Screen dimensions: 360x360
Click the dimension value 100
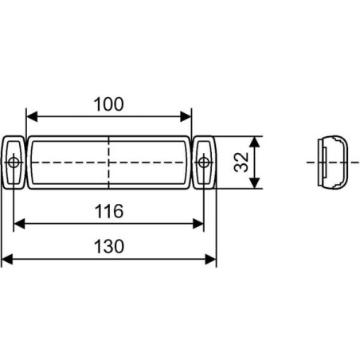[109, 104]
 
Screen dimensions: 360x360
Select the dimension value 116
[109, 211]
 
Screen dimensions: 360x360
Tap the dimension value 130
[109, 247]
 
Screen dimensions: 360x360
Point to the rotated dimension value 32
[241, 162]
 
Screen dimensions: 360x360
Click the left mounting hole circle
[14, 162]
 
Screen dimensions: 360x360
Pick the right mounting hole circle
[204, 162]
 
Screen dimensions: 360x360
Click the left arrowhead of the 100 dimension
[32, 116]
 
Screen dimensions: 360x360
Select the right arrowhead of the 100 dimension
[186, 116]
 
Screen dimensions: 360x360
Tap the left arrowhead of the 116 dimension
[19, 224]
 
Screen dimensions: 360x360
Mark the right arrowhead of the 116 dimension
[198, 224]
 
